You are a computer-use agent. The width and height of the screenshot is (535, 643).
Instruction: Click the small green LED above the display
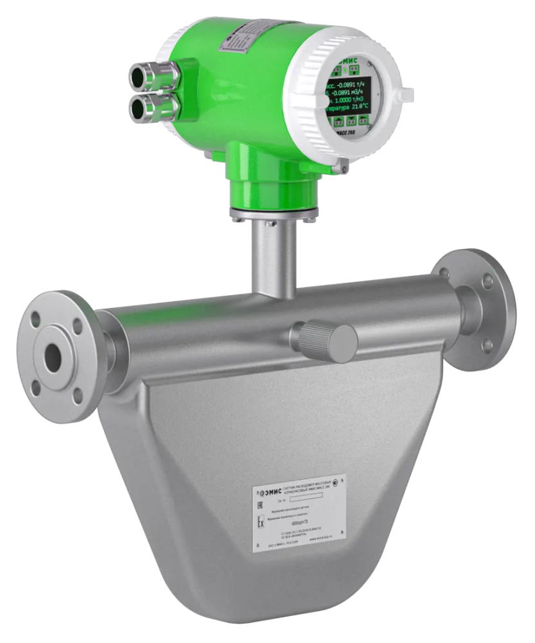tap(345, 68)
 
